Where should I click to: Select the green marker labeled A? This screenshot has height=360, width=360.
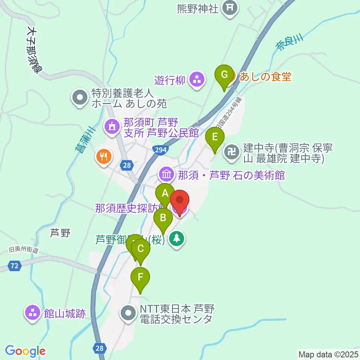pos(165,193)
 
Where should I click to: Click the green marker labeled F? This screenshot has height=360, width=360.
pos(140,278)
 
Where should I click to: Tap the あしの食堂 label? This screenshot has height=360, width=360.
pos(264,77)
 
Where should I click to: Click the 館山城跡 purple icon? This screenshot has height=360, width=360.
pos(33,312)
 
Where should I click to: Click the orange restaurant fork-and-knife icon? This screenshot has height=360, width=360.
pos(103,156)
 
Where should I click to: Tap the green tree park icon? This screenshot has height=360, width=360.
pos(176,238)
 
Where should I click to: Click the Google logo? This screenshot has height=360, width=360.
pos(25,351)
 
